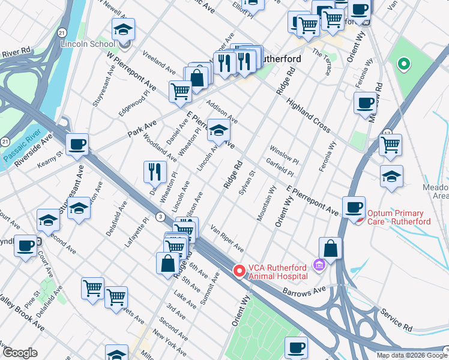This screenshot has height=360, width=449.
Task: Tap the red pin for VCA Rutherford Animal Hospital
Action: pos(240,272)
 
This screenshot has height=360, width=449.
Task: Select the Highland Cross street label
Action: pos(309,115)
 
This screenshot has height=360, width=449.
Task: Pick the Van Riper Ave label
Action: pos(227,238)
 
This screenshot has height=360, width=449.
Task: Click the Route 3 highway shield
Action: pos(160,216)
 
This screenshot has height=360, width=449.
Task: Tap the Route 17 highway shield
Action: pos(387,133)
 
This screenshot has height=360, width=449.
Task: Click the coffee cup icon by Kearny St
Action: pos(77,145)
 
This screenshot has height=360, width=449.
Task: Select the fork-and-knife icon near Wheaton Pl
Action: pos(155,172)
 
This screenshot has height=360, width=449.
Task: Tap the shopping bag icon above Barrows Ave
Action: pos(330,247)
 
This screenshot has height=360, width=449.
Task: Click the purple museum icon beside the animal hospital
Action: pos(319,265)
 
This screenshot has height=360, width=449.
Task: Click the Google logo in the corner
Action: pos(20,353)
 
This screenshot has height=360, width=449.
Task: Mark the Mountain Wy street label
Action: pos(265,204)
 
